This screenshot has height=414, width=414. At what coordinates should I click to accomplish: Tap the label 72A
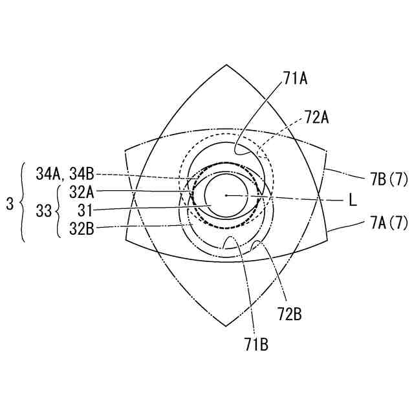click(317, 118)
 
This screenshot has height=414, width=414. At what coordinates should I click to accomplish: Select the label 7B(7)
click(387, 179)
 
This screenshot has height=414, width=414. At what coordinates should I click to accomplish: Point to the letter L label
click(353, 201)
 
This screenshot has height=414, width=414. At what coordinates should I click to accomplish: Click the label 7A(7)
click(387, 223)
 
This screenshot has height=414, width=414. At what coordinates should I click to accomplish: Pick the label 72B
click(290, 314)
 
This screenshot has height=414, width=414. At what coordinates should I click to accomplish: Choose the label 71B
click(256, 345)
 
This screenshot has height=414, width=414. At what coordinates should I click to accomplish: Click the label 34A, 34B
click(65, 174)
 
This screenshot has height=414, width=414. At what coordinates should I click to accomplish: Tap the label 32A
click(82, 193)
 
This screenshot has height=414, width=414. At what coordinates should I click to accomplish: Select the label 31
click(85, 211)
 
